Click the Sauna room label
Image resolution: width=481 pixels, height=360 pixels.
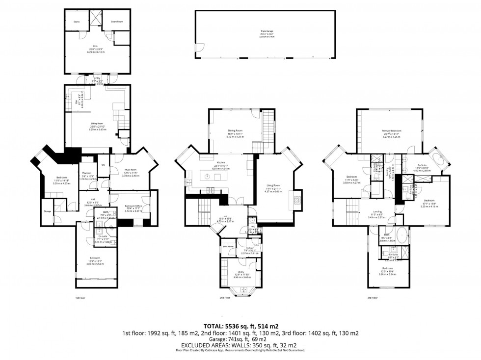77,22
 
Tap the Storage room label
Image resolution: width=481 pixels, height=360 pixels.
47,211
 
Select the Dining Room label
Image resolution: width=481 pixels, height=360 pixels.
235,130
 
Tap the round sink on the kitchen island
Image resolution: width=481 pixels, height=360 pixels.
208,176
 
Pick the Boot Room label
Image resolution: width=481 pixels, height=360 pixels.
228,246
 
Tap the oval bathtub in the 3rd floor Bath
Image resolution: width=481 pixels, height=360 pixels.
402,236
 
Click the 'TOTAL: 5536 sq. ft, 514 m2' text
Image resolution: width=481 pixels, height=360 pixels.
240,326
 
